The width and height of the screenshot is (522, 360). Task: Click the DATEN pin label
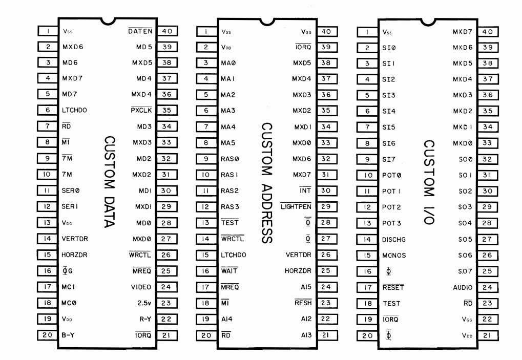[140, 31]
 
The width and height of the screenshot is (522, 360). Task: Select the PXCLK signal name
[141, 110]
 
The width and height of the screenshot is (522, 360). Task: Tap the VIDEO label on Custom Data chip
[141, 287]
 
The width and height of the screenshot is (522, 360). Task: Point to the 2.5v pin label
[144, 303]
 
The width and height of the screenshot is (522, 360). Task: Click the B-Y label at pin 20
[68, 335]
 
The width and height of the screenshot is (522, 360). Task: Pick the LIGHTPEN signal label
[296, 206]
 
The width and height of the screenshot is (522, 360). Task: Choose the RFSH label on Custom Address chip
[303, 303]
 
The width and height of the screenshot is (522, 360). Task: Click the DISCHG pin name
[394, 240]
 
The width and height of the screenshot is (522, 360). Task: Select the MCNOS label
[394, 256]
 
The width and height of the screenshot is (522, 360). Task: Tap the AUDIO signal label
[463, 287]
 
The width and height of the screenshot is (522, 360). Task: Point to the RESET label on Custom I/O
[393, 287]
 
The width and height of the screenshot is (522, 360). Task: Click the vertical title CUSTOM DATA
[110, 182]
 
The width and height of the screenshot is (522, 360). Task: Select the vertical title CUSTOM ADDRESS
[267, 183]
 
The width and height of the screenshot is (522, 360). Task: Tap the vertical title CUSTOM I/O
[429, 182]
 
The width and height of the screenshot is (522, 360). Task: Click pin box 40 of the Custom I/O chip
[488, 32]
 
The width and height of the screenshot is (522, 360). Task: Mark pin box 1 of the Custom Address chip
[206, 32]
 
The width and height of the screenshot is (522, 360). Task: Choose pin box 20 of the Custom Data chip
[47, 335]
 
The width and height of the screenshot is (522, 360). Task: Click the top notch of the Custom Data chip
[108, 22]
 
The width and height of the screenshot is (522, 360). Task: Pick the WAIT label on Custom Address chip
[229, 271]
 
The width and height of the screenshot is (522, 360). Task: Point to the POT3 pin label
[391, 223]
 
